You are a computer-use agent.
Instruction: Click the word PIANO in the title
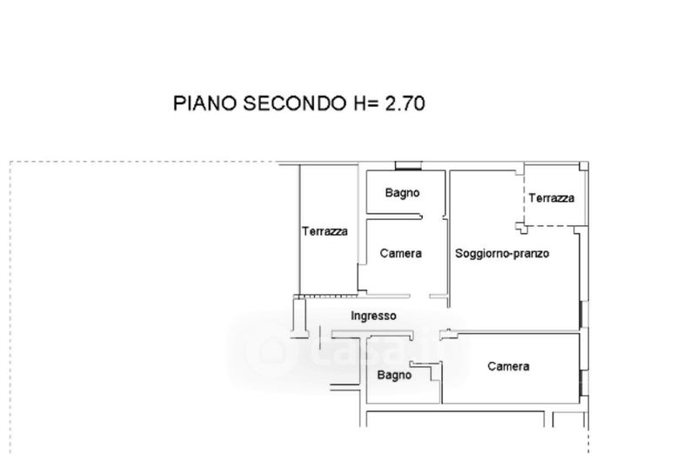pyautogui.click(x=203, y=104)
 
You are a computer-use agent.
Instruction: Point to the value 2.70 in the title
pyautogui.click(x=405, y=104)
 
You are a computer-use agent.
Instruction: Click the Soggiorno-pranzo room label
pyautogui.click(x=502, y=253)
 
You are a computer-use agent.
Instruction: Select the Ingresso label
pyautogui.click(x=373, y=316)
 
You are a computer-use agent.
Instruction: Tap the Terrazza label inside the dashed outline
pyautogui.click(x=551, y=198)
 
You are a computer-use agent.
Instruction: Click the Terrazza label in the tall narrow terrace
pyautogui.click(x=325, y=231)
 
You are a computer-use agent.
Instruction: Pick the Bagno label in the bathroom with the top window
pyautogui.click(x=403, y=193)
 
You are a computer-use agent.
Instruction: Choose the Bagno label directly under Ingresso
pyautogui.click(x=394, y=376)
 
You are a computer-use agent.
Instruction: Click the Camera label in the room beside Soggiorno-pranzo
pyautogui.click(x=401, y=253)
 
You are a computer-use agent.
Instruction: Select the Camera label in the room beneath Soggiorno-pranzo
pyautogui.click(x=508, y=367)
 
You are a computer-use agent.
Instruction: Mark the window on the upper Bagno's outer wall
pyautogui.click(x=406, y=166)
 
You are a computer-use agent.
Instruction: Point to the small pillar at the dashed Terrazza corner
pyautogui.click(x=521, y=228)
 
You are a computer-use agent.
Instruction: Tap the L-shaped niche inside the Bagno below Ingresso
pyautogui.click(x=432, y=375)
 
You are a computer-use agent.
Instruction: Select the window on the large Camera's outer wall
pyautogui.click(x=581, y=381)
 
